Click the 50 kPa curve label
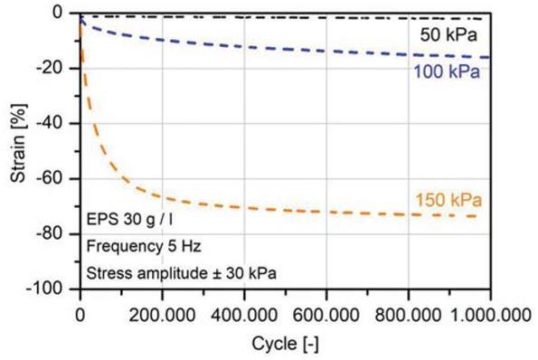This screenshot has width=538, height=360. (448, 35)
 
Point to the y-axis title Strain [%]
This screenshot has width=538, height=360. (17, 151)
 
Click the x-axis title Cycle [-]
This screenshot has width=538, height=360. (285, 344)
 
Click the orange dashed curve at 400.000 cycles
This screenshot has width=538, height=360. (244, 207)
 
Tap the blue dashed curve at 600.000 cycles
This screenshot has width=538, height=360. (326, 51)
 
